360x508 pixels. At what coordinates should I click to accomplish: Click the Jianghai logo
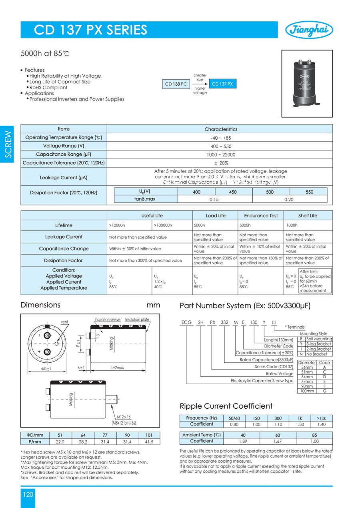pyautogui.click(x=309, y=30)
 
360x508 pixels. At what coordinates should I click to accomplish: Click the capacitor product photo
pyautogui.click(x=307, y=83)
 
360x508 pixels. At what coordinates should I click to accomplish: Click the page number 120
pyautogui.click(x=28, y=494)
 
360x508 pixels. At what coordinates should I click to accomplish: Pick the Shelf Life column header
pyautogui.click(x=308, y=215)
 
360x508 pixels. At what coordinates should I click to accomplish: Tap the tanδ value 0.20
pyautogui.click(x=290, y=199)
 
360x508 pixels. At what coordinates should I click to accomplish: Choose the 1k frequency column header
pyautogui.click(x=300, y=418)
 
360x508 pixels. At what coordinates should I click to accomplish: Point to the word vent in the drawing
pyautogui.click(x=64, y=322)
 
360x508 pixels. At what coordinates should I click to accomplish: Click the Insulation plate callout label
pyautogui.click(x=137, y=319)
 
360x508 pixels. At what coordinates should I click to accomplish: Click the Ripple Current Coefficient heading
pyautogui.click(x=226, y=406)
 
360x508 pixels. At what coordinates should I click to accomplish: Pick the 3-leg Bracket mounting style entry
pyautogui.click(x=318, y=344)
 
